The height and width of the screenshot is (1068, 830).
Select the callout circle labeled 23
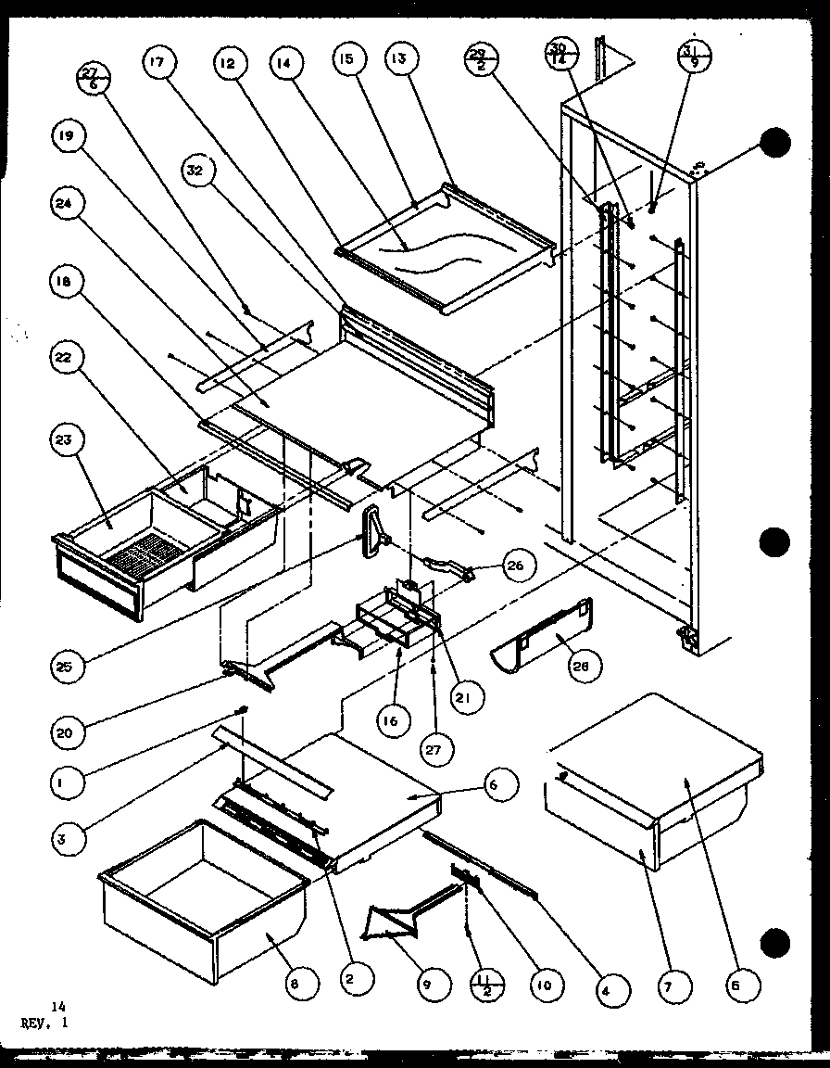pos(69,439)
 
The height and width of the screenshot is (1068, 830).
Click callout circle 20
pos(69,731)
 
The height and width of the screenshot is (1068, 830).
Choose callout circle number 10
pos(547,984)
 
